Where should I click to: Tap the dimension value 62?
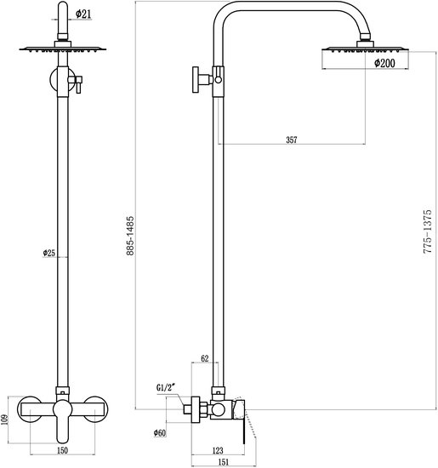(204, 358)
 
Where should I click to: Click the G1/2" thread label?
(168, 389)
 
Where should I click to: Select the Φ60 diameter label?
(159, 434)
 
